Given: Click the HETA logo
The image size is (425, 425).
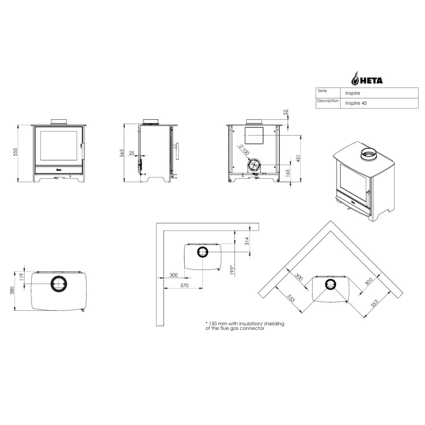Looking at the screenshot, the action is [367, 79].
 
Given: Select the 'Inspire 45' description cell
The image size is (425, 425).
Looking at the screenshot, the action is [356, 103].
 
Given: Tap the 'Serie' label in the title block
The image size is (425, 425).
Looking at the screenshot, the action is [322, 91].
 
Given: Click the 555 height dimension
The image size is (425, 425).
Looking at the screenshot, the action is [15, 152].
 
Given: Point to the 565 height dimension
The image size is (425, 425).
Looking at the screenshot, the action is [122, 153].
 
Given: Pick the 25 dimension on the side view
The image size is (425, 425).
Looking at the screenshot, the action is [131, 153].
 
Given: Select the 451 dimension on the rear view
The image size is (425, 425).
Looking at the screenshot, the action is [298, 159].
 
